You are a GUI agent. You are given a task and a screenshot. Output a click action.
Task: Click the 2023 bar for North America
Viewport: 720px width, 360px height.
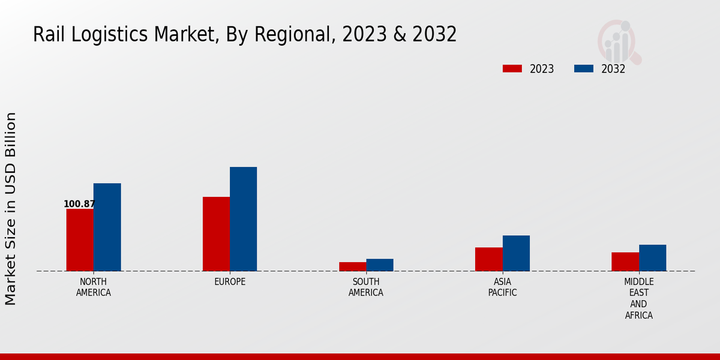pos(80,240)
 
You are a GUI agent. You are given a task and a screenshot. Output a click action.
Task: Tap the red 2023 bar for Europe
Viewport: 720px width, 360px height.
pos(216,234)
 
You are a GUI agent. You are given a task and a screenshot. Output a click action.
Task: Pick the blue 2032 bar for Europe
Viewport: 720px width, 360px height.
pos(244,219)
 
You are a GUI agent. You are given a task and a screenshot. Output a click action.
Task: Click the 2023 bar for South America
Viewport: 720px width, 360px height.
pos(352,266)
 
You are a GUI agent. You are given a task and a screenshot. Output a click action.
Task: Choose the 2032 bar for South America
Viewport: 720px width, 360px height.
pos(380,265)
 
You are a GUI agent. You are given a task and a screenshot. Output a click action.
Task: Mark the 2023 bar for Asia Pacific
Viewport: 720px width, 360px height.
pos(488,259)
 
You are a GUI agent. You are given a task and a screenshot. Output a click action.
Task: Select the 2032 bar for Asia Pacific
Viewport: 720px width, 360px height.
pos(516,253)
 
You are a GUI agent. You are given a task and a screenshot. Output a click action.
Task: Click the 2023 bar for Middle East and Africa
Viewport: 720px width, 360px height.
pos(625,262)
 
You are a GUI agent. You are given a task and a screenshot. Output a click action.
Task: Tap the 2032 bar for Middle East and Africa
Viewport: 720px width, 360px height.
pos(653,258)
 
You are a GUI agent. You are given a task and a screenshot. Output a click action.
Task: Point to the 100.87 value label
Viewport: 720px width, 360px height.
pos(79,204)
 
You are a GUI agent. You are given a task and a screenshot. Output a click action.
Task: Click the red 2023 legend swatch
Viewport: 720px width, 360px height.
pos(512,68)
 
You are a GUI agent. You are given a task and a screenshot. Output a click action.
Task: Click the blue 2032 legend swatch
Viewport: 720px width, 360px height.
pos(583,68)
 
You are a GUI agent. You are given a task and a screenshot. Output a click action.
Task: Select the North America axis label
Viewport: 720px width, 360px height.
pos(94,287)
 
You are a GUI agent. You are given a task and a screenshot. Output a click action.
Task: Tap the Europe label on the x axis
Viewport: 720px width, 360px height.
pos(230,282)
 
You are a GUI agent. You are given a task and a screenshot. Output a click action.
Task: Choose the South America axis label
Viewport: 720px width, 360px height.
pos(366,287)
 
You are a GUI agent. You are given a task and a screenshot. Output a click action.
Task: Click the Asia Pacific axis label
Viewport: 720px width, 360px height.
pos(502,287)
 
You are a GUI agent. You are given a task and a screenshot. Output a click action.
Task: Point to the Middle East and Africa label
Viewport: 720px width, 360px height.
pos(639,298)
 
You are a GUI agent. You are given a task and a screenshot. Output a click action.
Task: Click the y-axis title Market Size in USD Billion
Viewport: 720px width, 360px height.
pos(11,208)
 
